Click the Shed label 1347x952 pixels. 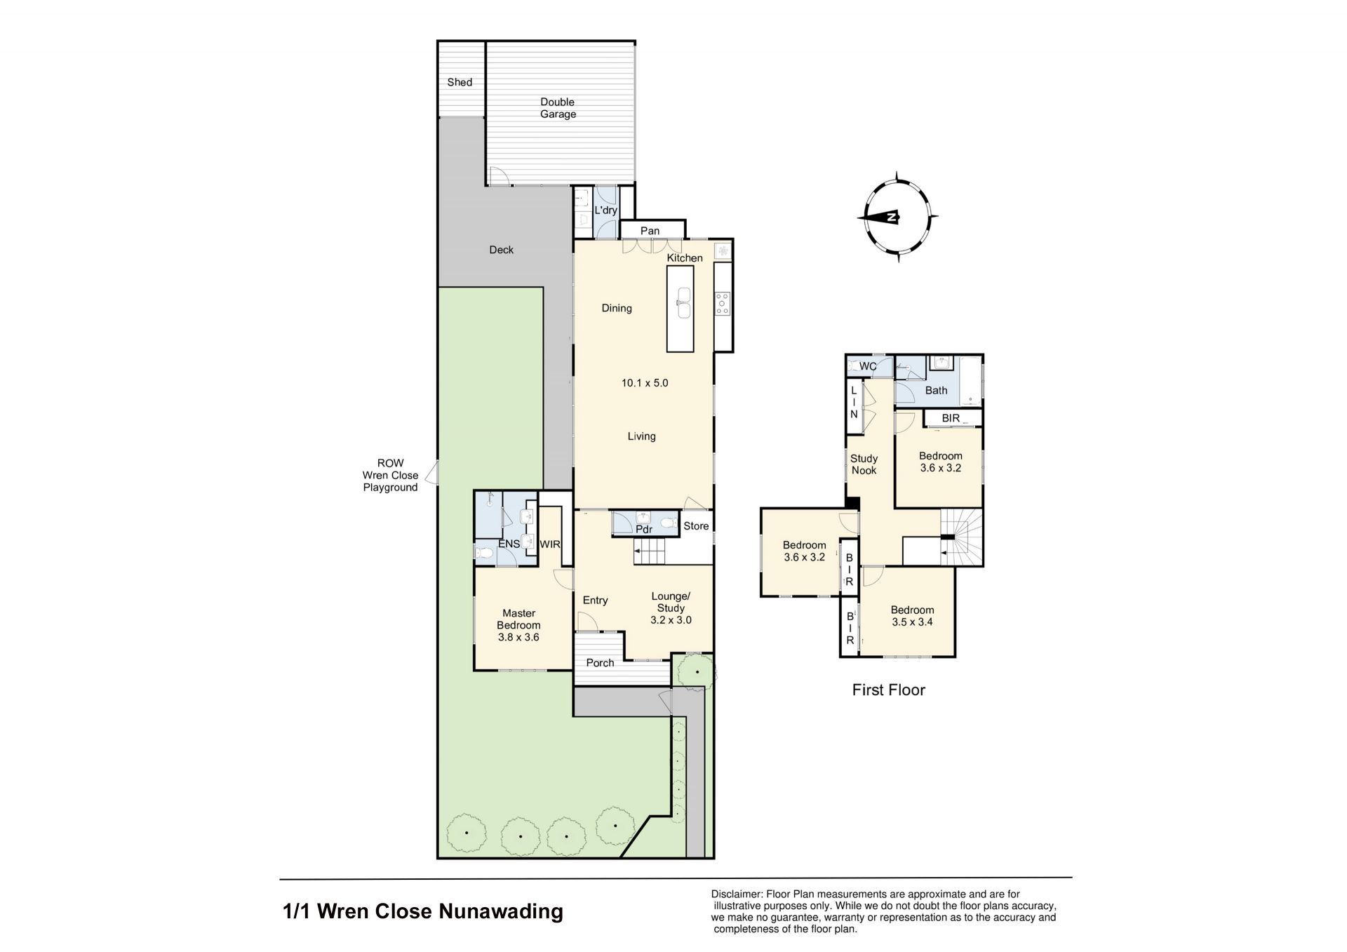coord(460,82)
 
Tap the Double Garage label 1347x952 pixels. coord(558,108)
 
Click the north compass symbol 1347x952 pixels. coord(898,217)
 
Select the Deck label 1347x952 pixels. coord(501,250)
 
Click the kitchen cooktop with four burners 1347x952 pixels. coord(723,303)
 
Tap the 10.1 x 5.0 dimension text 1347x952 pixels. coord(645,383)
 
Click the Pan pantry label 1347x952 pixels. coord(650,231)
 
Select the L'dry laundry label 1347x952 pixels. coord(605,210)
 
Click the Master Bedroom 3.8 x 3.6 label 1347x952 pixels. coord(518,625)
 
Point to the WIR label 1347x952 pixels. coord(549,544)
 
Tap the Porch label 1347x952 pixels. coord(600,663)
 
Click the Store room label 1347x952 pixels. coord(696,526)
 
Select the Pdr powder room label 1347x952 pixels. coord(644,530)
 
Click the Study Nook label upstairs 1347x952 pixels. coord(864,464)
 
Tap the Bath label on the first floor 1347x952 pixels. coord(936,391)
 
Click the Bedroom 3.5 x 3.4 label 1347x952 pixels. coord(912,616)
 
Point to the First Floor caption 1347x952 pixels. coord(888,690)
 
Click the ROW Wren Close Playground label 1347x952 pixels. coord(390,476)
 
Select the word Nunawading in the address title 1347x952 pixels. coord(501,911)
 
